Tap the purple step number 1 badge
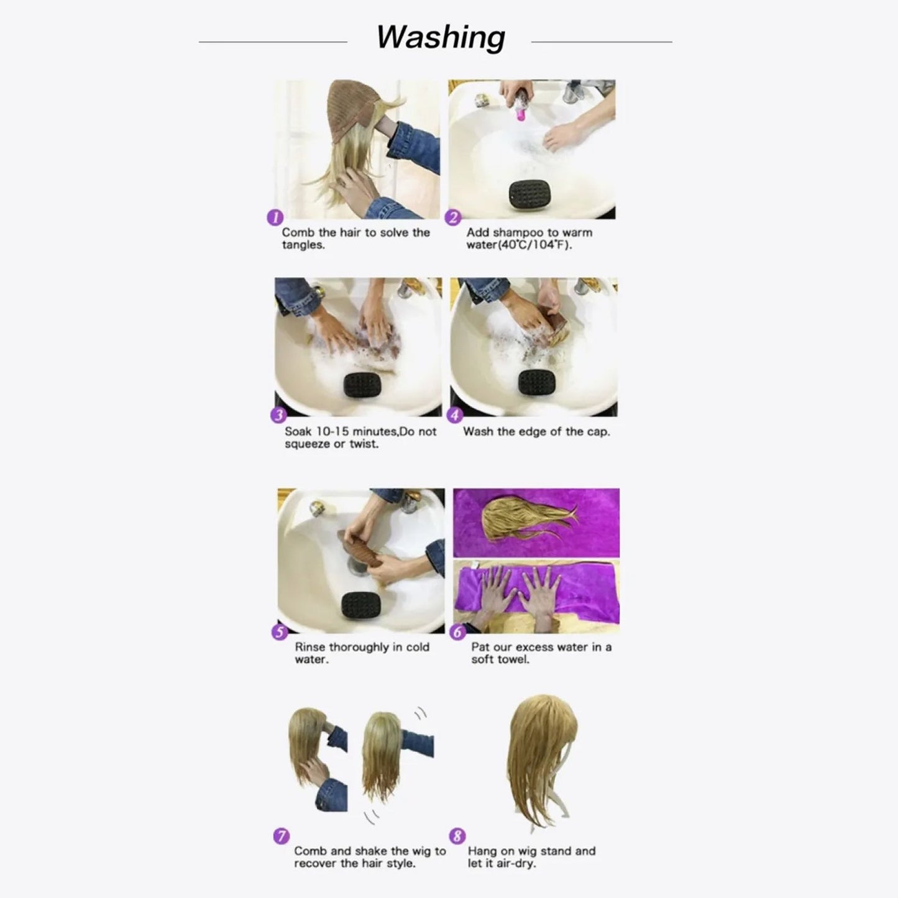pyautogui.click(x=275, y=218)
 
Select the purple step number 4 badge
pyautogui.click(x=455, y=416)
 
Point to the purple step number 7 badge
pyautogui.click(x=282, y=836)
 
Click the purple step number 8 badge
pyautogui.click(x=457, y=836)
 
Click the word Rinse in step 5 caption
pyautogui.click(x=310, y=647)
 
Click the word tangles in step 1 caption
pyautogui.click(x=303, y=245)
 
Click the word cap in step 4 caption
pyautogui.click(x=597, y=432)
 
